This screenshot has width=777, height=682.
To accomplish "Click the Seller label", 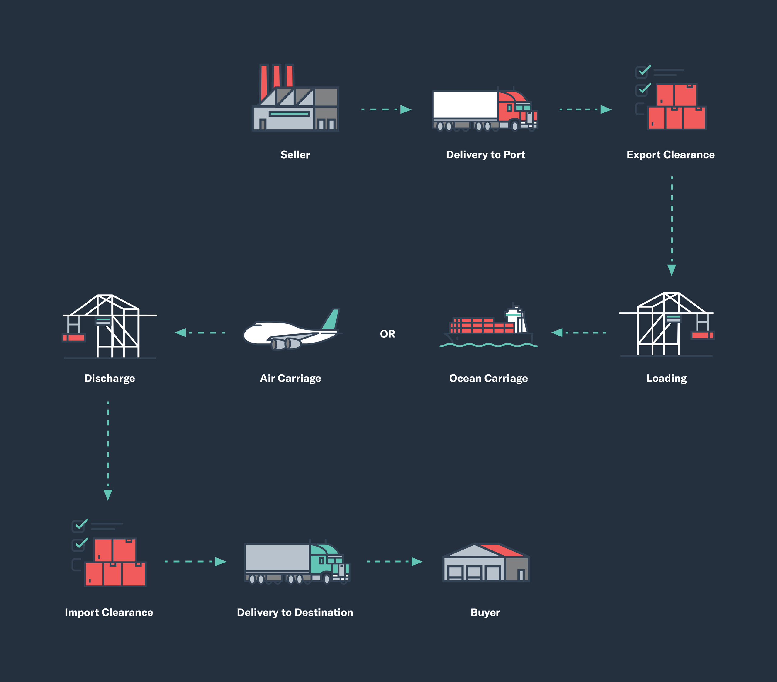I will coord(295,155).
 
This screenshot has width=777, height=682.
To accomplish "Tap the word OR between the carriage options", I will coord(387,334).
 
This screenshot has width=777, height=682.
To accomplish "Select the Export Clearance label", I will coord(670,155).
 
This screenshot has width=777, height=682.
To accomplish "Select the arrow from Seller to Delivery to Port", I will coord(386,109).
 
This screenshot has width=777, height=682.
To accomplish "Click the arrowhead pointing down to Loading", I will coord(672,269).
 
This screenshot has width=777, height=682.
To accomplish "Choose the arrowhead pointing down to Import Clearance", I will coord(108,494).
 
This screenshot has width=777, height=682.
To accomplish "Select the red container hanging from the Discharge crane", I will coord(74,337).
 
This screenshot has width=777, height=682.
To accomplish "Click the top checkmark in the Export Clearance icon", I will coord(644,70).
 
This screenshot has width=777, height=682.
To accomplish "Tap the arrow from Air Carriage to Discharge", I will coord(200,333).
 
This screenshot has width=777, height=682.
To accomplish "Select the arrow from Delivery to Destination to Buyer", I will coord(395,561).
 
